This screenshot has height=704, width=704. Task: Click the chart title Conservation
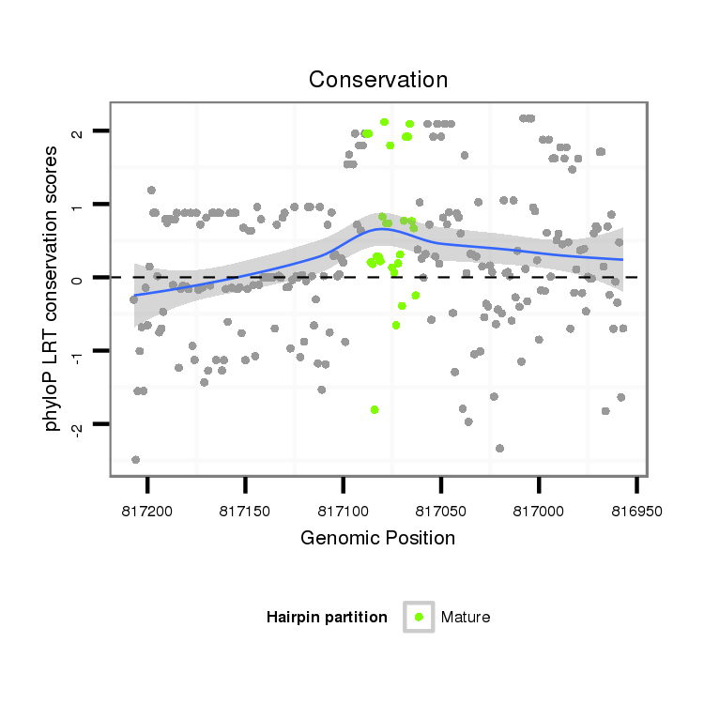378,80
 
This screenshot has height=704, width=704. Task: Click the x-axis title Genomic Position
378,538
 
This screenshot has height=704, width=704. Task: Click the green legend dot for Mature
419,617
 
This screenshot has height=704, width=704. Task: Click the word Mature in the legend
466,617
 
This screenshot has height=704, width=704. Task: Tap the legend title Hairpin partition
327,617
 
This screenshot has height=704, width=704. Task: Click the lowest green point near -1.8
375,409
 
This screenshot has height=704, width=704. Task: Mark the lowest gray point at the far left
135,459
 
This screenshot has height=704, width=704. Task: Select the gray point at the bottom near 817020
499,448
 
